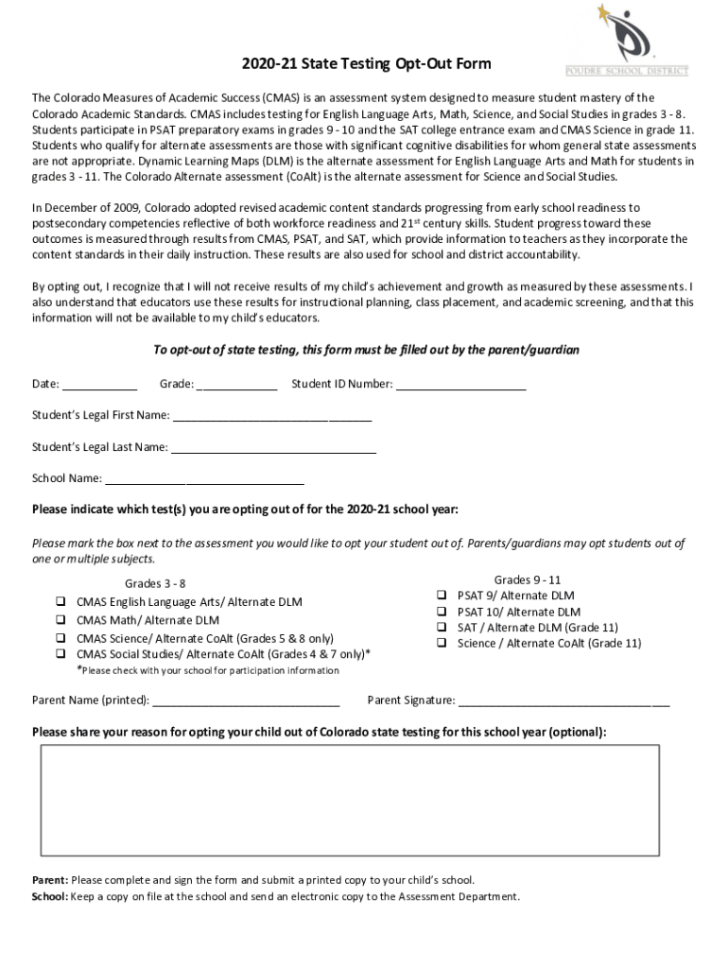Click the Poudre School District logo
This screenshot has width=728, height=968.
[x=627, y=40]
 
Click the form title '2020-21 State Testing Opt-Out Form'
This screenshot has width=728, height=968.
[x=364, y=64]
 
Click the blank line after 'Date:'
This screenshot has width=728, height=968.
[x=100, y=384]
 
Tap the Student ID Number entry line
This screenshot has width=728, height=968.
[x=460, y=384]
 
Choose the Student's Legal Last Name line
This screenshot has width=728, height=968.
[x=273, y=447]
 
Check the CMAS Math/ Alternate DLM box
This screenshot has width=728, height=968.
[x=60, y=620]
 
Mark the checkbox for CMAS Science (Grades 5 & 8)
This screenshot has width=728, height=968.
[x=60, y=638]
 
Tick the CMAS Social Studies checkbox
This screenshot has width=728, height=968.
[x=60, y=653]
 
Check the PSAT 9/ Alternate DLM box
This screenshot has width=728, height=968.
[x=441, y=596]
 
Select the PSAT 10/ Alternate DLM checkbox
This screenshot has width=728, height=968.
[x=441, y=612]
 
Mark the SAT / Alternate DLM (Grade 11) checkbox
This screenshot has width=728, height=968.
[x=441, y=627]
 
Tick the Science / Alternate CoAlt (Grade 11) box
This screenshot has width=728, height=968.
[x=441, y=643]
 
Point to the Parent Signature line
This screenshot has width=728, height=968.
[x=564, y=700]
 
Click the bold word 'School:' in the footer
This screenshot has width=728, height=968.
[x=50, y=896]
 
